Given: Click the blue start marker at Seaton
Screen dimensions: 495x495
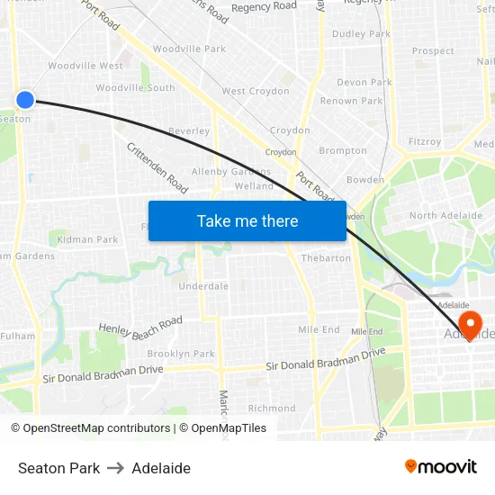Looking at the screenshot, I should click(x=25, y=100).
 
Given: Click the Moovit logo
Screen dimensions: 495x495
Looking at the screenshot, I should click(x=441, y=467).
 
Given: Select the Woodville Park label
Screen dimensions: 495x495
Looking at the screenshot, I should click(x=189, y=49).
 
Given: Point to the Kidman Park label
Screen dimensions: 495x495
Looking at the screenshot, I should click(x=87, y=239).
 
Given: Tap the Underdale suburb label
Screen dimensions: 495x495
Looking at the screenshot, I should click(x=203, y=286).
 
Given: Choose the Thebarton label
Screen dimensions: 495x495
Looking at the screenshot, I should click(x=326, y=258).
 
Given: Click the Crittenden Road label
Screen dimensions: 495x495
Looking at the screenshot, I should click(x=157, y=168).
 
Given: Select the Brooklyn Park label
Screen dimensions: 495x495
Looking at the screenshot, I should click(x=181, y=354).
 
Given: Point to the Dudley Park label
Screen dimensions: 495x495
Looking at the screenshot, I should click(x=361, y=34).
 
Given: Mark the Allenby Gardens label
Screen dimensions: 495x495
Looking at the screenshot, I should click(x=231, y=172).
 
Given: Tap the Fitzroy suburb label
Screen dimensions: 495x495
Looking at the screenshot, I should click(x=425, y=141).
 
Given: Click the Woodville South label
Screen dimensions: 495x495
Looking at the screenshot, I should click(x=135, y=88).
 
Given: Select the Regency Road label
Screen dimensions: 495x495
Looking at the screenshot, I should click(x=264, y=6).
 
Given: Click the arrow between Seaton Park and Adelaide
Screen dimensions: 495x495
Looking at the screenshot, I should click(x=116, y=468).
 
